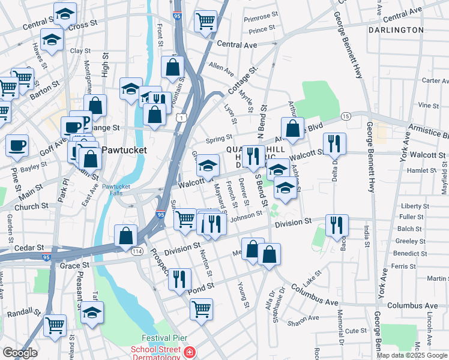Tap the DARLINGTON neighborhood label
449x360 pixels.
coord(396,29)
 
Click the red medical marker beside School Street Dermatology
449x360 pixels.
coord(190,352)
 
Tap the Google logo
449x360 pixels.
coord(19,353)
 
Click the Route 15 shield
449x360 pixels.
coord(345,115)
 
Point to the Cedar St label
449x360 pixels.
coord(28,247)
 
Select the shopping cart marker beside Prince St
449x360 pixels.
coord(206,22)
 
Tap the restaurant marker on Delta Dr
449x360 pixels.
coord(334,143)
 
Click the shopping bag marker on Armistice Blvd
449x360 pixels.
coord(292,128)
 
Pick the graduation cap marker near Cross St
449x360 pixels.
coord(65,13)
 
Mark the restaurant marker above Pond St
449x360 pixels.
coord(179,278)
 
